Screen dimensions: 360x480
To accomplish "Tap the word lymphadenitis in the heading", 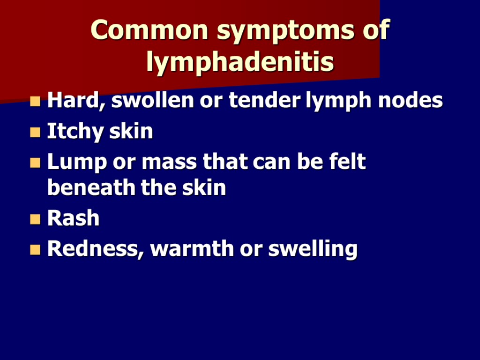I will click(240, 62).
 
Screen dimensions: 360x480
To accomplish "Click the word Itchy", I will click(76, 132).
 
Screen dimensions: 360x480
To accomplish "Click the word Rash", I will click(74, 218).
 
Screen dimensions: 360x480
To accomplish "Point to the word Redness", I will click(96, 249).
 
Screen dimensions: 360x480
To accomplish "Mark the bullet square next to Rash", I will click(35, 219).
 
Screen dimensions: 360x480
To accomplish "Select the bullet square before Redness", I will click(35, 249).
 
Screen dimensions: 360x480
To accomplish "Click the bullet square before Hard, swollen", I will click(35, 101).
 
